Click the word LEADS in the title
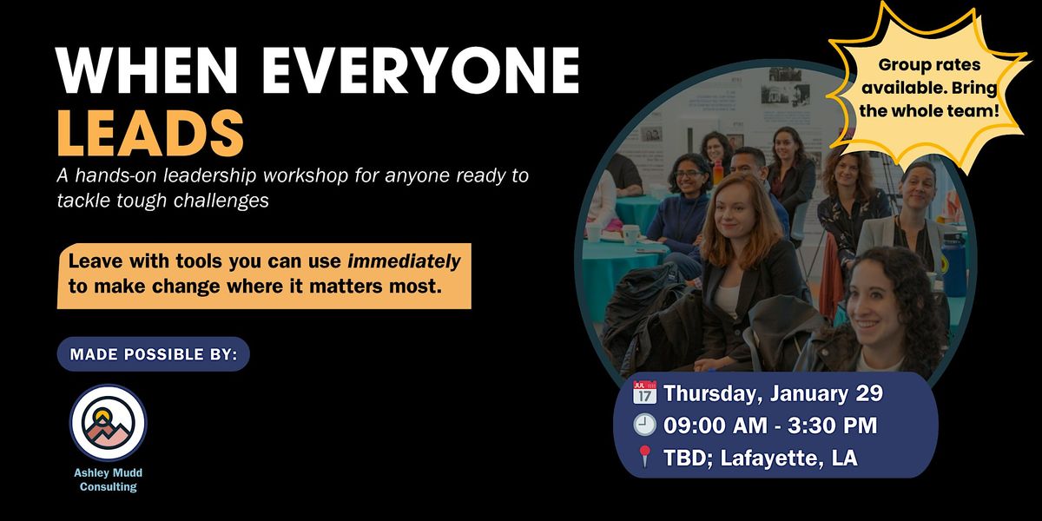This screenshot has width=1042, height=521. pos(150,133)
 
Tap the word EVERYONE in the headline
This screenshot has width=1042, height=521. pos(420,70)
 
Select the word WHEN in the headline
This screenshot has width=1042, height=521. pos(147,70)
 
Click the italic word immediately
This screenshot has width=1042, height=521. pos(405,262)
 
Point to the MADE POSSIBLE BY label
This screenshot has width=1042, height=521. pos(154,354)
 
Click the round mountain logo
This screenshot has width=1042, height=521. pos(109,422)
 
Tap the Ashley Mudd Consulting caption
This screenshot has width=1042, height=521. pos(109,479)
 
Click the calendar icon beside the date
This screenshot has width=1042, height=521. pos(644,392)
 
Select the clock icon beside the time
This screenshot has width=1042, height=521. pos(644,425)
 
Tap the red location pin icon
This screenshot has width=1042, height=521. pos(644,457)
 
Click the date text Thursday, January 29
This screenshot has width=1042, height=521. pos(773,393)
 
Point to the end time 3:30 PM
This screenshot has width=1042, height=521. pos(832,425)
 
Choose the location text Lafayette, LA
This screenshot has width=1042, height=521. pos(788,458)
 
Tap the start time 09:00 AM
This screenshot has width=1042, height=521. pos(716,425)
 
